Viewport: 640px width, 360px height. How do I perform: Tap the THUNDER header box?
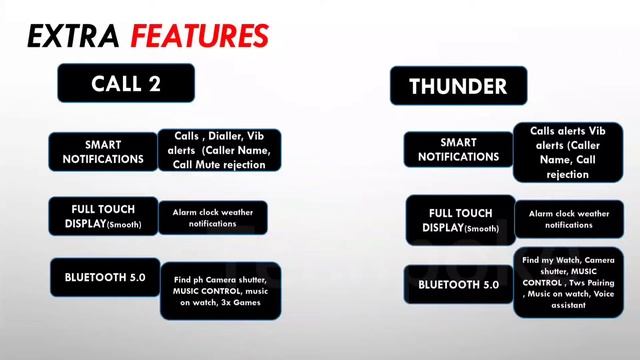(458, 86)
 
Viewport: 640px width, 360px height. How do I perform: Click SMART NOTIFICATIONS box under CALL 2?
(103, 151)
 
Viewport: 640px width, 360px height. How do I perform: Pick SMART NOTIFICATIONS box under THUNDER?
(458, 149)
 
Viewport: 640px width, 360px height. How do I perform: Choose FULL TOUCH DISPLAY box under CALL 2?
(103, 217)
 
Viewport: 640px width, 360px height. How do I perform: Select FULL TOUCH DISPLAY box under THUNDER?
(460, 220)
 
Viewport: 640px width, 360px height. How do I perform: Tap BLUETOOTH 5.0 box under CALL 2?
(103, 276)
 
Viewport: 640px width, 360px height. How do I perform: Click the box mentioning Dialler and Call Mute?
(219, 151)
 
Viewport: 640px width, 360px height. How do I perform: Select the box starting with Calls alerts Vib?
(568, 151)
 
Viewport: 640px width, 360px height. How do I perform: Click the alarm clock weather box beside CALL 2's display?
(211, 217)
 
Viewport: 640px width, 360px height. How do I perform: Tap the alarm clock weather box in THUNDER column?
(568, 219)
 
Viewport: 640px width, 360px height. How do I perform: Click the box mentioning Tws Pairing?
(568, 286)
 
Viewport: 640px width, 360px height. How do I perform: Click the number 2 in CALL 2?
(154, 84)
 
